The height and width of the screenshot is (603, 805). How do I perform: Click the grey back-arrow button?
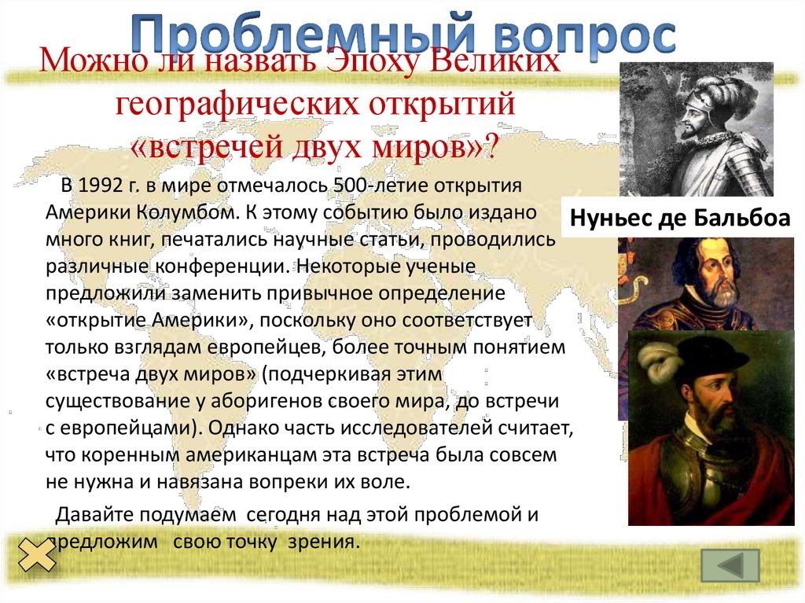pyautogui.click(x=730, y=565)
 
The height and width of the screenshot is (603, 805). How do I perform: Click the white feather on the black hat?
pyautogui.click(x=660, y=363)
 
